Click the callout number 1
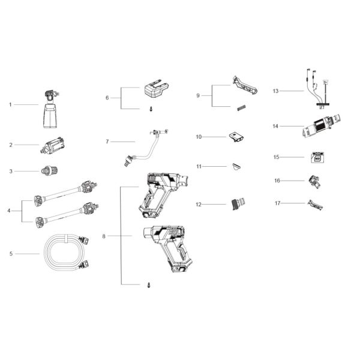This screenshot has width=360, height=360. pos(10,104)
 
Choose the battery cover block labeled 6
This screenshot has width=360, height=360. pos(157,92)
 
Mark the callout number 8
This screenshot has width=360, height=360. pos(103,236)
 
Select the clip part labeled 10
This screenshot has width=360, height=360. pos(236,138)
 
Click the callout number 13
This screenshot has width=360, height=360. pos(275,91)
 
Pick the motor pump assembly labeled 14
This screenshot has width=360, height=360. pos(320,127)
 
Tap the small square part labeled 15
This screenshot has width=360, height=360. pos(316,158)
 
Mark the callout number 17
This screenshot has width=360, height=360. pos(277,203)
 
